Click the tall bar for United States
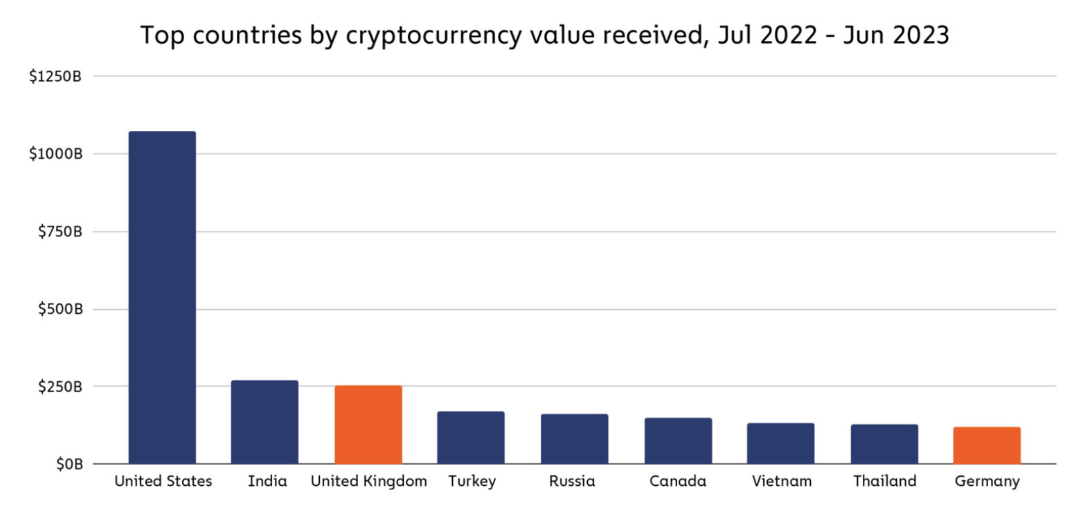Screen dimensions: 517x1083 162,298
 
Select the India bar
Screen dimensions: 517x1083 265,422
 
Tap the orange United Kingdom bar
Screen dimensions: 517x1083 368,425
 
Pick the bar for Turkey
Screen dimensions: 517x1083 471,438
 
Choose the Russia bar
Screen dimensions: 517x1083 574,439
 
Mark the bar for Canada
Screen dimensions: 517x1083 678,441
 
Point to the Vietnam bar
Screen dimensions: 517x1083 780,444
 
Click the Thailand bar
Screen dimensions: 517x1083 884,444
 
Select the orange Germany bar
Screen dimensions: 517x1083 987,446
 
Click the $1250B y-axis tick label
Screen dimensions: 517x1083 55,76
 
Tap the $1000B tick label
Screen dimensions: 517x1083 55,154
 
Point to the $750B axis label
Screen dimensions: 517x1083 60,231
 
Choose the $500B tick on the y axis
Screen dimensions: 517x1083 60,309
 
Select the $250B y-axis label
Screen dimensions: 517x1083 60,387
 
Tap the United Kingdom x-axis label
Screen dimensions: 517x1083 368,482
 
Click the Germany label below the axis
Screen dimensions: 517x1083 987,482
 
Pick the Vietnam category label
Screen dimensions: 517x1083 780,482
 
